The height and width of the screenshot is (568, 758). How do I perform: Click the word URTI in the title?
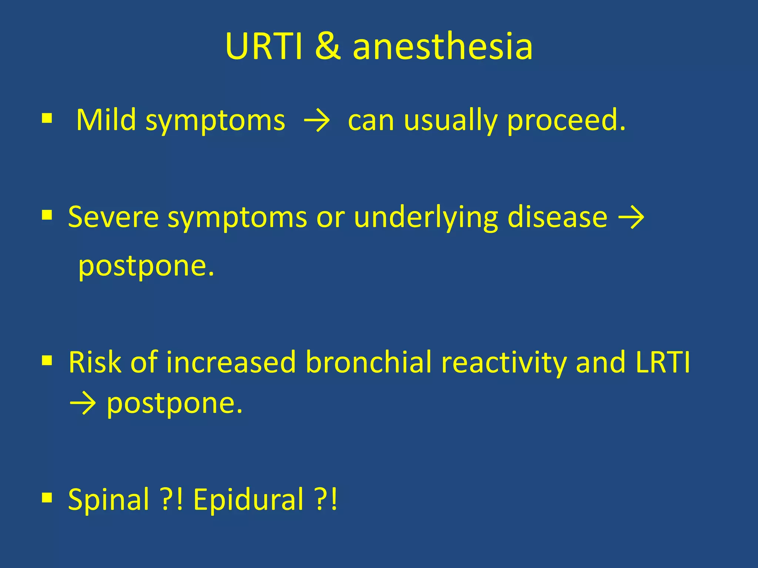pos(264,47)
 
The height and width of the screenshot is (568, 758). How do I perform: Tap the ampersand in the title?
pos(328,47)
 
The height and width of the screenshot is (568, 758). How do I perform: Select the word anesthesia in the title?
pos(443,47)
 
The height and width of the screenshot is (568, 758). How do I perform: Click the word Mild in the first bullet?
pos(106,120)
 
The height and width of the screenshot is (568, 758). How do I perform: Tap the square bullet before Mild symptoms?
pos(47,119)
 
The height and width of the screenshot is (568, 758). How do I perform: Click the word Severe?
pos(113,217)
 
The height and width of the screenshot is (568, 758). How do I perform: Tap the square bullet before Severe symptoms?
pos(47,215)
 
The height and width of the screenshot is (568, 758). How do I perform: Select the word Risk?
pos(95,362)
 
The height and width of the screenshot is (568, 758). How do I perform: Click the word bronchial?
pos(369,362)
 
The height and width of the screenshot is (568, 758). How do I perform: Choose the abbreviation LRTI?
pos(663,362)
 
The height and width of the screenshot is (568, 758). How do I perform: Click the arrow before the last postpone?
pos(83,404)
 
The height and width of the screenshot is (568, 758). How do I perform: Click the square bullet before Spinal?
pos(47,497)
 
